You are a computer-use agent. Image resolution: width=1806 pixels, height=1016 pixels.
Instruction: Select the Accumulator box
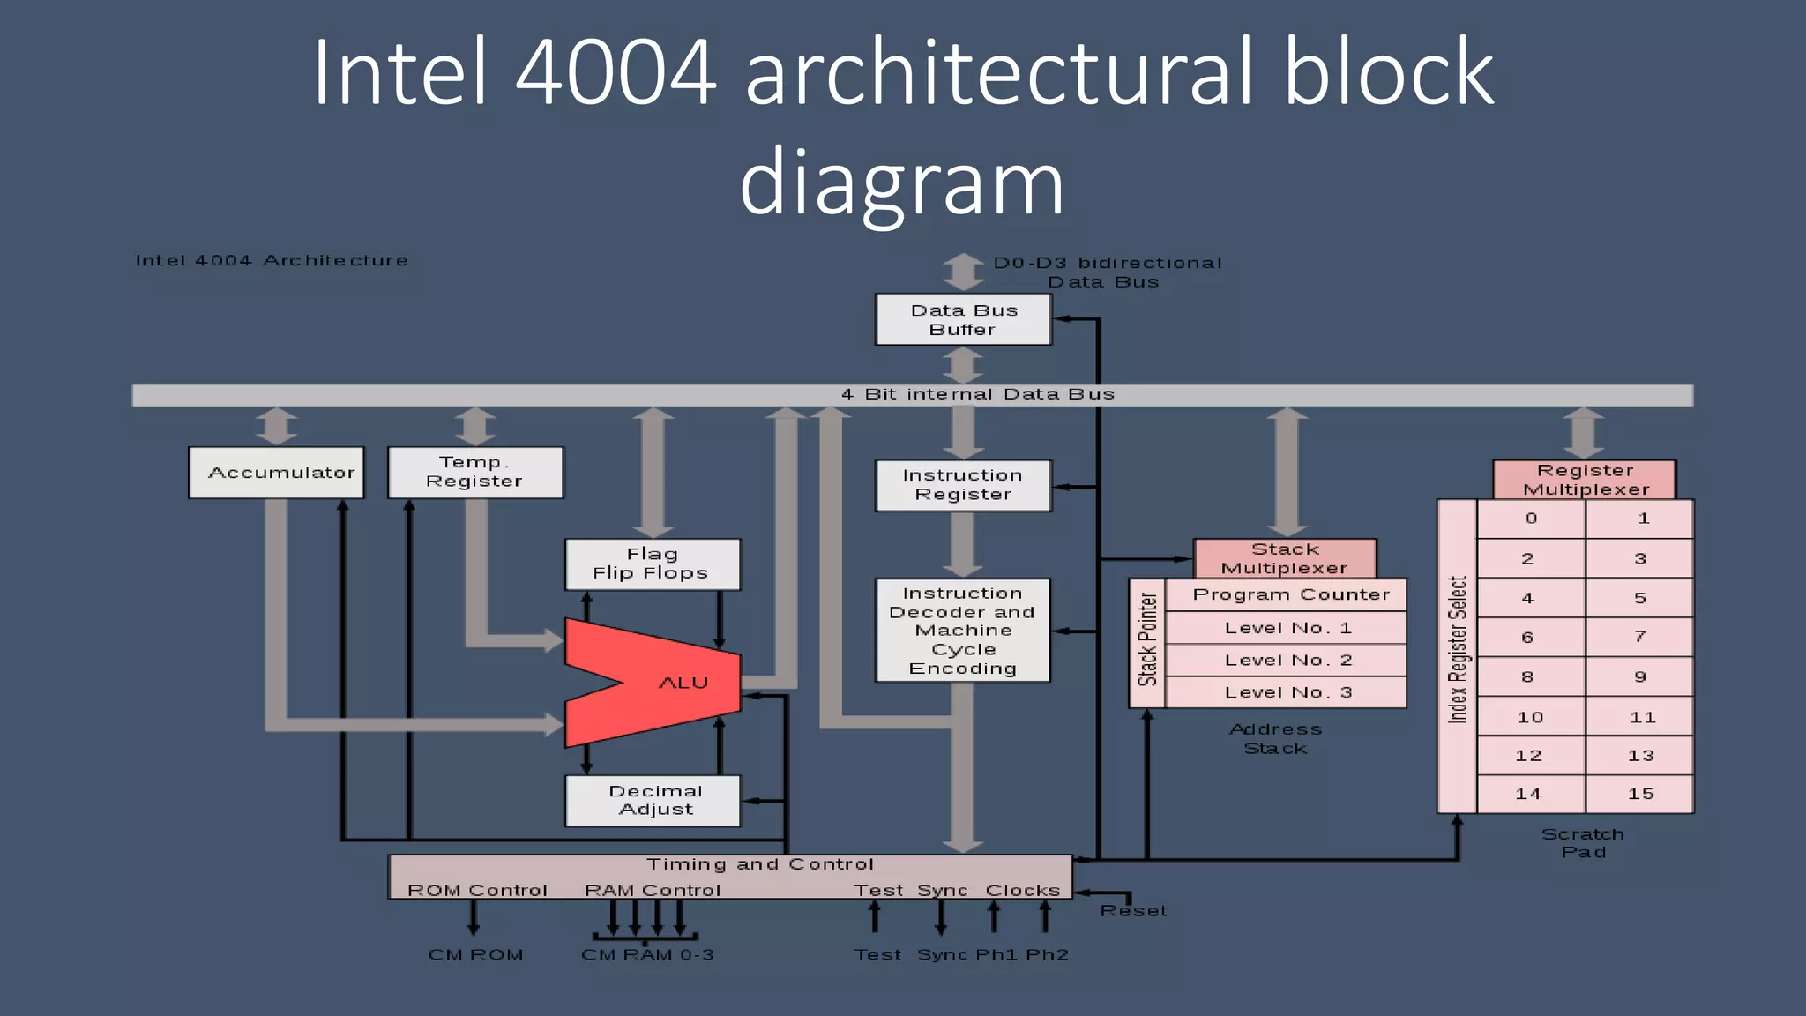[276, 473]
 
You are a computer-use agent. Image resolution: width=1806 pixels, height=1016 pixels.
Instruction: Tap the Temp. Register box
[475, 473]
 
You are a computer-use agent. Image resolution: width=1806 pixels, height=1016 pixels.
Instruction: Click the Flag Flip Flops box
[653, 564]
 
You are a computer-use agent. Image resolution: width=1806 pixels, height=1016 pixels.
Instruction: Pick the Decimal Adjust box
[653, 801]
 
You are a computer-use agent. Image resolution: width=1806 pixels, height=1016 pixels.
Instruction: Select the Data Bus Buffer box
[963, 319]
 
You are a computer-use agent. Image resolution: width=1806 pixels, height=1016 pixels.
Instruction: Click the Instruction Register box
[963, 485]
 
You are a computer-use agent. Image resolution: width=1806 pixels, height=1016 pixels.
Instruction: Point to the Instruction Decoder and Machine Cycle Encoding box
[963, 631]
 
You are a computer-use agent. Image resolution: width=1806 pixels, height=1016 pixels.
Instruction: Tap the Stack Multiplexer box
[1284, 559]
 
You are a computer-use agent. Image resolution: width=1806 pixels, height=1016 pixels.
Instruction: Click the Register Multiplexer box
[1585, 480]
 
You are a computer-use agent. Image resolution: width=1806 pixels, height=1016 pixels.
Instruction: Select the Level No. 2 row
[1287, 661]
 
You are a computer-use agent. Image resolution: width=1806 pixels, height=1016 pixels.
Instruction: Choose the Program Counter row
[1287, 595]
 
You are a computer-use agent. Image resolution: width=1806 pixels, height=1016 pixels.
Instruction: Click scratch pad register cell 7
[1639, 637]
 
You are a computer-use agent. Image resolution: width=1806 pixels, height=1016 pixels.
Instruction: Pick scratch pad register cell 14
[1530, 794]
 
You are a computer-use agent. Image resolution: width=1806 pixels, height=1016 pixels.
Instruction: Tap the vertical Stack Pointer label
[1147, 642]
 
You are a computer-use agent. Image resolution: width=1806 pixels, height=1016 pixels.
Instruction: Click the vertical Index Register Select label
[1458, 651]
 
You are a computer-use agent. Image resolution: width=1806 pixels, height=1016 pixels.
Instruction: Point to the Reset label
[1133, 911]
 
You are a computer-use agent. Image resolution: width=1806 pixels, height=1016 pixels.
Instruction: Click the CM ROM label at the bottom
[475, 955]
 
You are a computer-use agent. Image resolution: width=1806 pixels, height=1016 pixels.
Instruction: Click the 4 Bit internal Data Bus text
[977, 394]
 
